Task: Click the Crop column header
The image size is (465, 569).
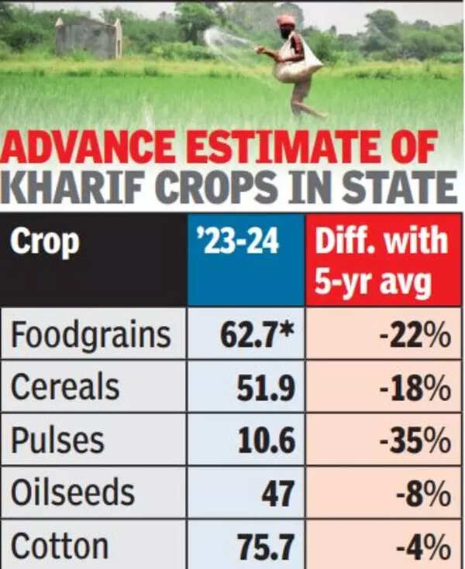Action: click(45, 243)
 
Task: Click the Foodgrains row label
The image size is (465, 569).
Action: click(90, 334)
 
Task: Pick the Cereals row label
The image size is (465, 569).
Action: click(65, 387)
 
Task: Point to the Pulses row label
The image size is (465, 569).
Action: click(57, 440)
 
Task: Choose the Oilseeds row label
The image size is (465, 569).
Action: click(73, 492)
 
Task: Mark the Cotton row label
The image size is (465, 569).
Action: click(59, 546)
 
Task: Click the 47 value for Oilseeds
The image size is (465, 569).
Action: click(277, 492)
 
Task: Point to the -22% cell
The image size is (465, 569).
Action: click(418, 334)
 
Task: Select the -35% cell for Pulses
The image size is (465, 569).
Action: click(418, 440)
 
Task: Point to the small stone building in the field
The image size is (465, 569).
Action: click(88, 36)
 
